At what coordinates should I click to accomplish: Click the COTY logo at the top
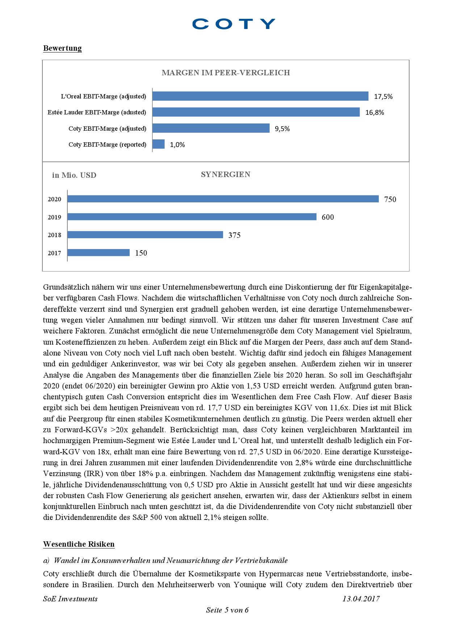click(x=234, y=24)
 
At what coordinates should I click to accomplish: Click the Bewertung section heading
click(x=62, y=48)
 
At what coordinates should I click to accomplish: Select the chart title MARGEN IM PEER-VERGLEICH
click(x=226, y=73)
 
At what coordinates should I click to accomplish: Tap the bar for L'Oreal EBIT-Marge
click(x=260, y=96)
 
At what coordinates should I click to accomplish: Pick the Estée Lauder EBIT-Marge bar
click(x=256, y=112)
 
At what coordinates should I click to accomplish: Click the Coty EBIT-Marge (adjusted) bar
click(x=211, y=129)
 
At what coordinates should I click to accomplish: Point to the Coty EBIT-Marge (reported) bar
click(x=159, y=144)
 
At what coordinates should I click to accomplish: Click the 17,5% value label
click(x=383, y=97)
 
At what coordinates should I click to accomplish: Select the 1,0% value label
click(x=177, y=145)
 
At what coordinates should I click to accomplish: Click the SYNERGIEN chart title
click(x=225, y=174)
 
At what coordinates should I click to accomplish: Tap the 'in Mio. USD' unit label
click(x=74, y=176)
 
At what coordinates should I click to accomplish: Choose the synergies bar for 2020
click(x=223, y=199)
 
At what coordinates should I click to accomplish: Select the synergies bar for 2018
click(x=145, y=235)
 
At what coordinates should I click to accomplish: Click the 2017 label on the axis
click(x=54, y=253)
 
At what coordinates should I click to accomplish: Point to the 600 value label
click(x=328, y=217)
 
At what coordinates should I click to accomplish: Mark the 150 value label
click(x=141, y=253)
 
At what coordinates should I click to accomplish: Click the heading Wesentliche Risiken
click(x=79, y=544)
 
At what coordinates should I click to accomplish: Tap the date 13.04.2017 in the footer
click(x=361, y=599)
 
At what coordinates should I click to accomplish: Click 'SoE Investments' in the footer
click(x=70, y=599)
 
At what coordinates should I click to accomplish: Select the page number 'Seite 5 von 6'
click(x=227, y=610)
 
